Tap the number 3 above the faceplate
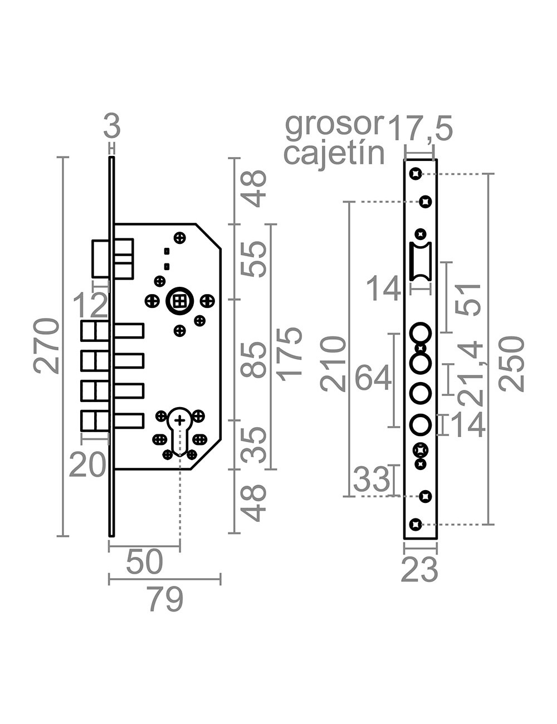(112, 128)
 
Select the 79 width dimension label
(165, 600)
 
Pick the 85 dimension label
(256, 360)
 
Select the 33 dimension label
(372, 480)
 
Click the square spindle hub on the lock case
(179, 301)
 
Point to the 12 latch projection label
(90, 305)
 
